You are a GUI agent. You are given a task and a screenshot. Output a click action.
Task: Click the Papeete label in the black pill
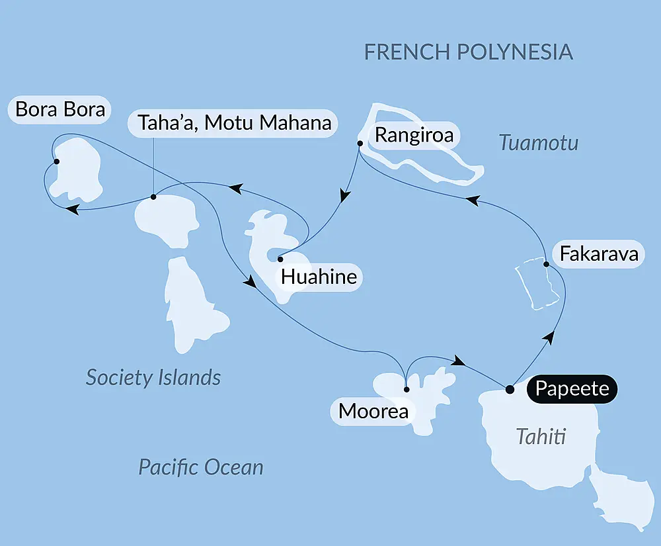(x=572, y=388)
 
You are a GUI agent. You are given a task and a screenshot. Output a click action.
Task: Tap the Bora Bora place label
(x=60, y=109)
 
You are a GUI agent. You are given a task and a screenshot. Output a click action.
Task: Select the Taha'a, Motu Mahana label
(x=234, y=123)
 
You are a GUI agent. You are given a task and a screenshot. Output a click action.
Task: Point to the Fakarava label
(x=599, y=254)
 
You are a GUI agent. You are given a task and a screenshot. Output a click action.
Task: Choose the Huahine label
(x=319, y=277)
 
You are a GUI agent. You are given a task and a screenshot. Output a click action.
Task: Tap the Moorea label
(x=373, y=411)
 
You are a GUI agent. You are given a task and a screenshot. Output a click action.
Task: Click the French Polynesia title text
(x=469, y=52)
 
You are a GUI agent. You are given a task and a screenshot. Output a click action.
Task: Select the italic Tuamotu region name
(x=539, y=142)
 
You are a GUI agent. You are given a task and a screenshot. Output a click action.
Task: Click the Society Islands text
(x=153, y=378)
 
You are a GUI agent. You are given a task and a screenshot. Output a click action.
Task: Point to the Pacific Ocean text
(x=200, y=467)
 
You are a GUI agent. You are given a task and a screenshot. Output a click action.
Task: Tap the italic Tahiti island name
(x=541, y=437)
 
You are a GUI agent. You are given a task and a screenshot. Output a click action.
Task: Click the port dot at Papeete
(x=510, y=389)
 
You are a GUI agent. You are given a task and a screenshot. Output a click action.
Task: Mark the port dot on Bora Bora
(x=56, y=161)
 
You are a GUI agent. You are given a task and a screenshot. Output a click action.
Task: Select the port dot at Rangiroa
(x=360, y=143)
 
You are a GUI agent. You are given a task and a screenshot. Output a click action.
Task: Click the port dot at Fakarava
(x=546, y=265)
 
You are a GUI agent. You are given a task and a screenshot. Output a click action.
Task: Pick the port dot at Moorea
(x=406, y=389)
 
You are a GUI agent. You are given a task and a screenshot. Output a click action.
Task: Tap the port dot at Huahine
(x=280, y=259)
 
